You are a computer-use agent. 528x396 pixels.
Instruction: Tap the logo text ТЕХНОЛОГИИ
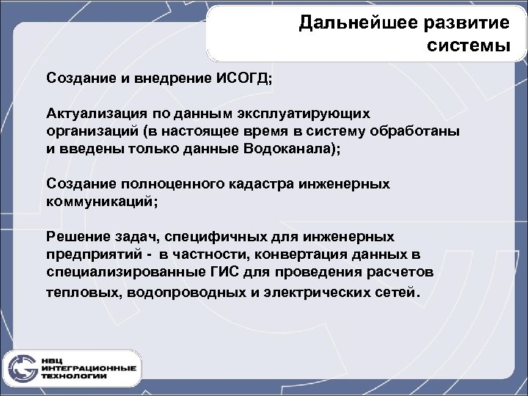74,376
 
